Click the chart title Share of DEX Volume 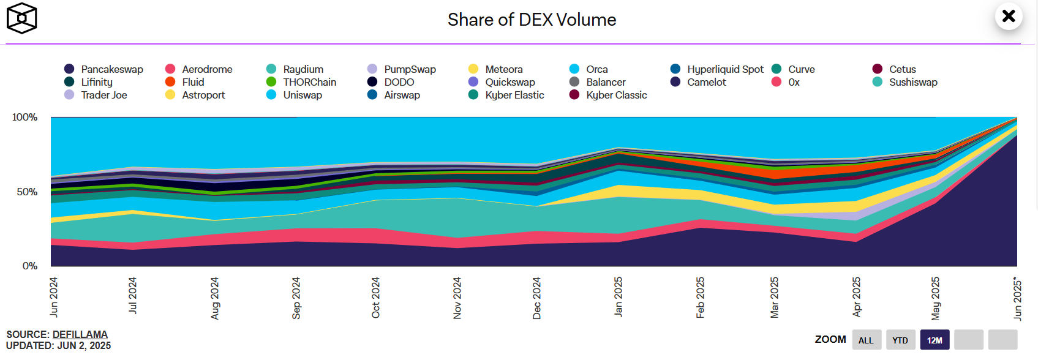(x=532, y=20)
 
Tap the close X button (x=1009, y=16)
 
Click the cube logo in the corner (x=21, y=18)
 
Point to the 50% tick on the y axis (x=27, y=192)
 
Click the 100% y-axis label (x=25, y=117)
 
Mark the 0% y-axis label (x=30, y=266)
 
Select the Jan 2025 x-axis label (x=619, y=297)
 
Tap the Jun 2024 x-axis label (x=54, y=297)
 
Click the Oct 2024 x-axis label (x=376, y=298)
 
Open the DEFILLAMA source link (x=80, y=334)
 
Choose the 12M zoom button (x=935, y=340)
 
